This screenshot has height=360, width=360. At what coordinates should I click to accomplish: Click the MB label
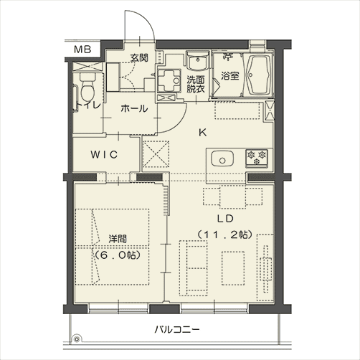(82, 49)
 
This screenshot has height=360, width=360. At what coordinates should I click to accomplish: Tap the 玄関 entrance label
(139, 57)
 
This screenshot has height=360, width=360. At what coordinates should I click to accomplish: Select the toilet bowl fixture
(87, 87)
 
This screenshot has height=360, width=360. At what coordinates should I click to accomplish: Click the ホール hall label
(134, 109)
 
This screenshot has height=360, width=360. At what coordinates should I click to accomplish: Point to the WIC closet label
(104, 155)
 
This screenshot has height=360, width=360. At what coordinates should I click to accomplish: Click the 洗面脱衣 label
(196, 84)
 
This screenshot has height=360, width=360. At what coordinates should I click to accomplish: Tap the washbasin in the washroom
(198, 60)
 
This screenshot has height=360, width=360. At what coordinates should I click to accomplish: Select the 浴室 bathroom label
(230, 76)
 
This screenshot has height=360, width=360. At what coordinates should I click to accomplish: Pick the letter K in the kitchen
(203, 133)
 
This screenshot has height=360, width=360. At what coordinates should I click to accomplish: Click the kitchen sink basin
(222, 159)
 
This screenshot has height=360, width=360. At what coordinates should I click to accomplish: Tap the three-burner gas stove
(257, 157)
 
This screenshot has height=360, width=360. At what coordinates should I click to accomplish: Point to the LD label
(225, 219)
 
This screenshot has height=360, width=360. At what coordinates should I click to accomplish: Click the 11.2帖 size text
(224, 235)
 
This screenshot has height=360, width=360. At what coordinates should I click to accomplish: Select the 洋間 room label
(118, 239)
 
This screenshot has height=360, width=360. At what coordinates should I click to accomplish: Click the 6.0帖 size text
(117, 255)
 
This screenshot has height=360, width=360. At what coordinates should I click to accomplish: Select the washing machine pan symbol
(169, 81)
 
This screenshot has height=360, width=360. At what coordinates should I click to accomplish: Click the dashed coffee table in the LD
(233, 268)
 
